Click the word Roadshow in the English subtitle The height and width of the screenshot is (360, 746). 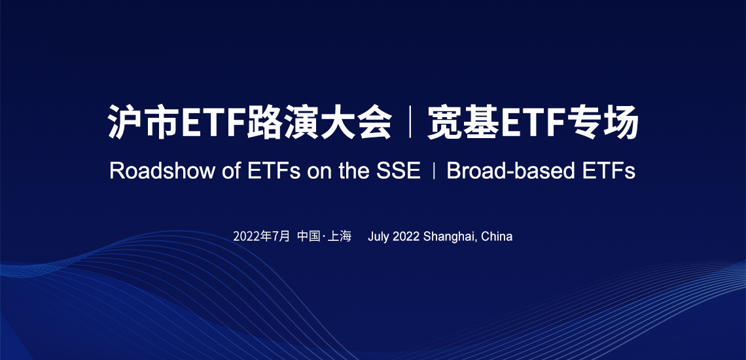(x=162, y=171)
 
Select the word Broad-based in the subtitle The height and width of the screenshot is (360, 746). (x=505, y=171)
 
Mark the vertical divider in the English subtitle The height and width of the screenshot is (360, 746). (x=434, y=171)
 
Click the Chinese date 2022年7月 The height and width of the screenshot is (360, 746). (x=261, y=236)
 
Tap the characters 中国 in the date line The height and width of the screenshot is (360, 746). (x=309, y=236)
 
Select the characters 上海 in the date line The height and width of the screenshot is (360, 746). (x=340, y=236)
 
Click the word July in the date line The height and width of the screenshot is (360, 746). (x=379, y=237)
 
